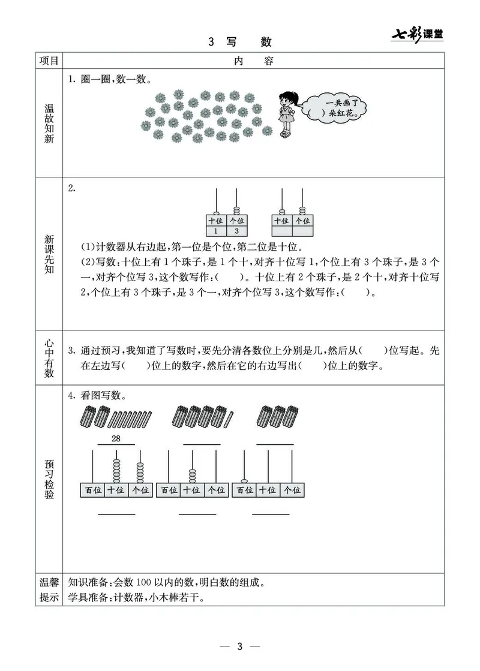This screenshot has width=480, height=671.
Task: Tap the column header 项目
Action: pos(49,61)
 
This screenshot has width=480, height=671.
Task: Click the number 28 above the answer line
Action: pos(116,439)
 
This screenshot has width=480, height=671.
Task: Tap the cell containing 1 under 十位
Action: pos(215,231)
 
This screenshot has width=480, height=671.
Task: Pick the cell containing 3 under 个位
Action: pos(236,231)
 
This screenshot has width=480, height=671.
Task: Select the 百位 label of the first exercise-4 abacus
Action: pos(92,490)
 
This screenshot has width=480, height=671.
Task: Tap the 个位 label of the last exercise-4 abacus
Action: pos(292,490)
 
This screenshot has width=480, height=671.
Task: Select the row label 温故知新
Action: pos(49,125)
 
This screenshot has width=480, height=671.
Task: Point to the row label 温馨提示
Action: pos(49,590)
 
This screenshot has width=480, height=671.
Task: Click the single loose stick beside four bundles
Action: pos(230,415)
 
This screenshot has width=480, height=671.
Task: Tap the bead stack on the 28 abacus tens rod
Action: pos(116,470)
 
